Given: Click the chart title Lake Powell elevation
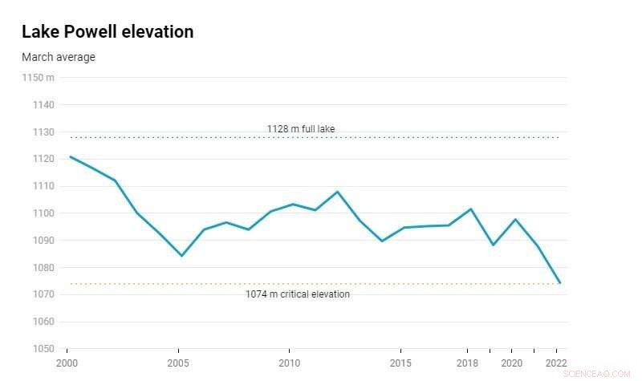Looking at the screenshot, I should pyautogui.click(x=108, y=32).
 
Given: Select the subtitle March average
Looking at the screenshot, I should pyautogui.click(x=59, y=57).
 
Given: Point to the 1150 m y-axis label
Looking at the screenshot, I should pyautogui.click(x=39, y=77).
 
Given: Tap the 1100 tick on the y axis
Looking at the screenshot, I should pyautogui.click(x=43, y=213).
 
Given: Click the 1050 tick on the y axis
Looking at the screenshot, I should pyautogui.click(x=43, y=349).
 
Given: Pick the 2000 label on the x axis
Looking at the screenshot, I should pyautogui.click(x=67, y=363).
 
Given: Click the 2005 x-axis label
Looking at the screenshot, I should pyautogui.click(x=178, y=363).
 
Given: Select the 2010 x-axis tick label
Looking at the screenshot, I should pyautogui.click(x=289, y=363).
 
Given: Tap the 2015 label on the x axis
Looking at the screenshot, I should pyautogui.click(x=400, y=363).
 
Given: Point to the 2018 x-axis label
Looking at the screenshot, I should pyautogui.click(x=467, y=363).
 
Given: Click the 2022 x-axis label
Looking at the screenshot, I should pyautogui.click(x=556, y=363).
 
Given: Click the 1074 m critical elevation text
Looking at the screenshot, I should pyautogui.click(x=298, y=294).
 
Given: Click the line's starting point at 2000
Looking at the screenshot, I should pyautogui.click(x=70, y=156).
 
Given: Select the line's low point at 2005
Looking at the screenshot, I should pyautogui.click(x=181, y=256).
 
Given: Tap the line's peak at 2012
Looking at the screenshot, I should pyautogui.click(x=337, y=192).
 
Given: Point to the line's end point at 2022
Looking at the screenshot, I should pyautogui.click(x=559, y=283).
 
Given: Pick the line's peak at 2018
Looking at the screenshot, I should pyautogui.click(x=471, y=209).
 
